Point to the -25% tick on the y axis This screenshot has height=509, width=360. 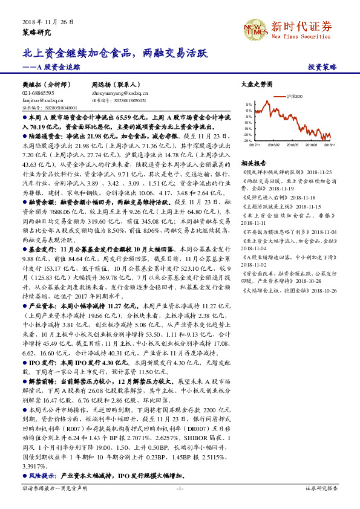click(x=249, y=140)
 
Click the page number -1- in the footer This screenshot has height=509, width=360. click(x=180, y=488)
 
